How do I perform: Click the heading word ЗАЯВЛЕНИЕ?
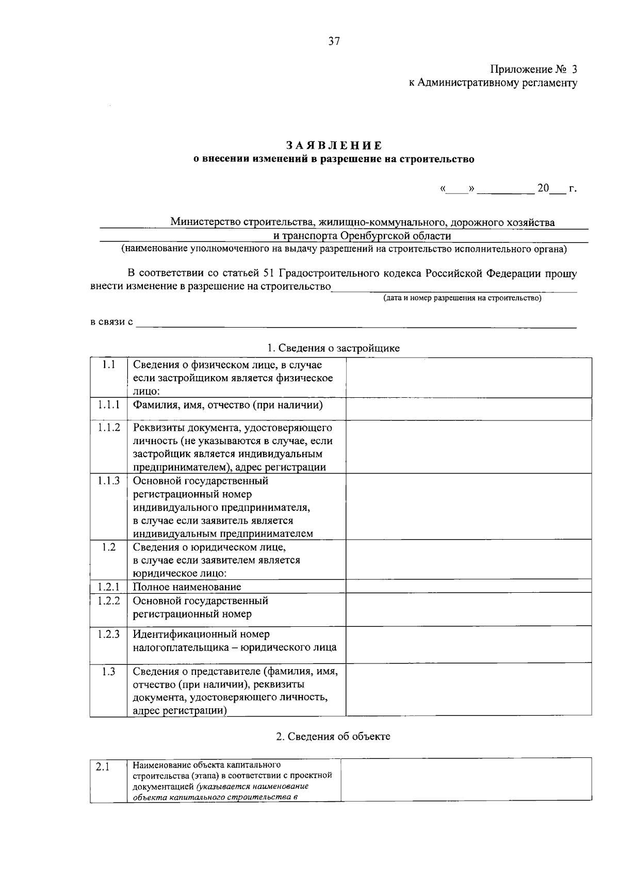pos(334,146)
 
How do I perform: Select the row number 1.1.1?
pos(109,404)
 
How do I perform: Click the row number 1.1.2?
pos(109,427)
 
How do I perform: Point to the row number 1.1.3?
pos(109,480)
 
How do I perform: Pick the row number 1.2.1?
pos(109,587)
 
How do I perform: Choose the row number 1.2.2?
pos(109,601)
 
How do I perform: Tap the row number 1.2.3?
pos(109,634)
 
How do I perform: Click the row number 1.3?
pos(109,671)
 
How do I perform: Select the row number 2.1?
pos(104,767)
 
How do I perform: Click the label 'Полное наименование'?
pos(187,587)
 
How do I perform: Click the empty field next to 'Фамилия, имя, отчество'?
pos(468,409)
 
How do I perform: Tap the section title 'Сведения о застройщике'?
pos(339,348)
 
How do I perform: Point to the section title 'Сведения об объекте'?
pos(339,736)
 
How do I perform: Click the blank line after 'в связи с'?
pos(356,322)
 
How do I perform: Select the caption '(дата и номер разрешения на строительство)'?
pos(462,298)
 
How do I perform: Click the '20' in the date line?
pos(543,188)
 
